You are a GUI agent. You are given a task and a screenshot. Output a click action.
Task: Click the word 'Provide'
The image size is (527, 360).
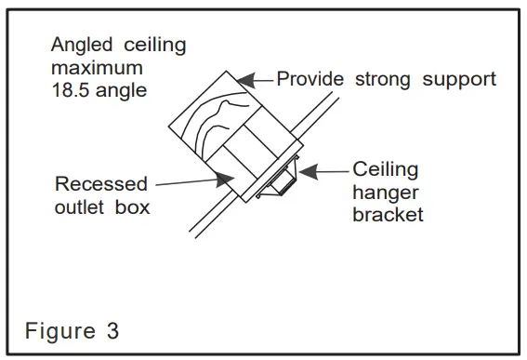coord(310,79)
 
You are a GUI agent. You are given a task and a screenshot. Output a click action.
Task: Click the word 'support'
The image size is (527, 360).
coord(459,79)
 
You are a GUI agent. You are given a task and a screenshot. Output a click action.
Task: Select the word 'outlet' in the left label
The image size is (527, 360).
coord(82,207)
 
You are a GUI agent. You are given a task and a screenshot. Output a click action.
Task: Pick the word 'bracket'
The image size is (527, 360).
coord(387,215)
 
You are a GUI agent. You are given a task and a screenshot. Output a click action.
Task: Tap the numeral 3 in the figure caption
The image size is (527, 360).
coord(112,331)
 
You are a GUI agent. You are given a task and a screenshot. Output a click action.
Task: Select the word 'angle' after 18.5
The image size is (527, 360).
coord(124,90)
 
